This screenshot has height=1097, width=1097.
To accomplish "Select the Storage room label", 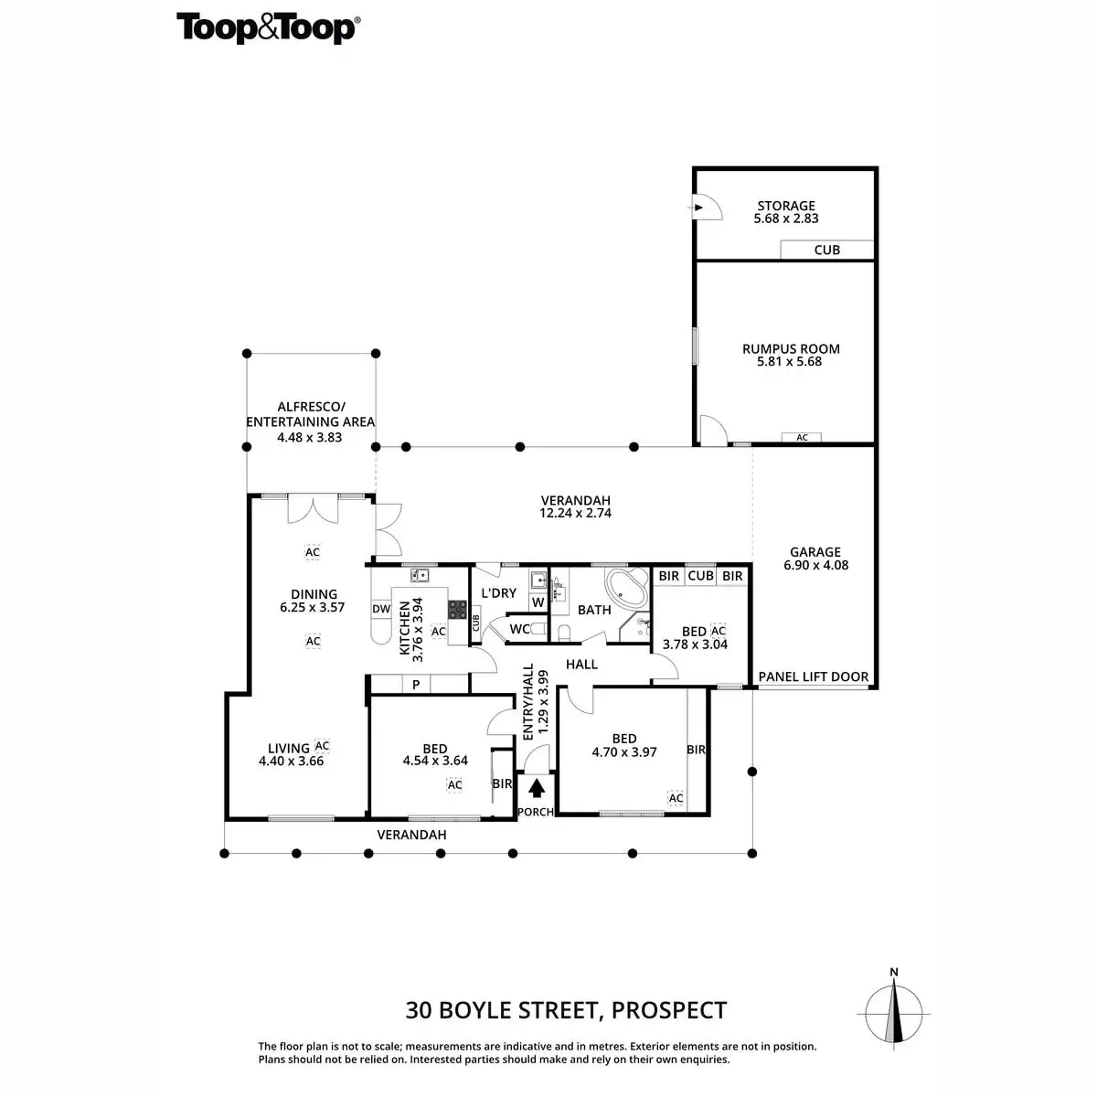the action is (785, 206).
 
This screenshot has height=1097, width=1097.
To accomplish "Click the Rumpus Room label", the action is (791, 348).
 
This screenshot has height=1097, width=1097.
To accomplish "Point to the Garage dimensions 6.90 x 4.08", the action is (815, 565).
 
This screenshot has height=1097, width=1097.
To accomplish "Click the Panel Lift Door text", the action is (814, 677).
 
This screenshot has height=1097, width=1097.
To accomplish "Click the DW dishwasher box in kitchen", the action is (381, 609).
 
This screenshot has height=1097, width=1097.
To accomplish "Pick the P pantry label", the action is (415, 685).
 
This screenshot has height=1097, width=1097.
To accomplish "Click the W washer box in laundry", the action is (538, 602).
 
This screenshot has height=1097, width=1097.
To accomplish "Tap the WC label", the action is (519, 629).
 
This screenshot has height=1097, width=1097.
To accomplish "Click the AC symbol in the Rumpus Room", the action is (802, 438).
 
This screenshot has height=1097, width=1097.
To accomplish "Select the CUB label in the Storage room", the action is (826, 250).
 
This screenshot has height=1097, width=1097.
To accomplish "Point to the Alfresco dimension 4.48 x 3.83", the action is (309, 437).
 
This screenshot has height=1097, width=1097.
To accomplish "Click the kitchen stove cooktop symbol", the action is (456, 608).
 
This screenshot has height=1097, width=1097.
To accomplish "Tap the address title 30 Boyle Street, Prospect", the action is (566, 1010).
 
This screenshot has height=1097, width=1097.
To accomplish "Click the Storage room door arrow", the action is (699, 208).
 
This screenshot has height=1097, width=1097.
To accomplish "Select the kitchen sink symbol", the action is (420, 575).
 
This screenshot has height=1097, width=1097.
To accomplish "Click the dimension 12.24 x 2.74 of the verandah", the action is (575, 513).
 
